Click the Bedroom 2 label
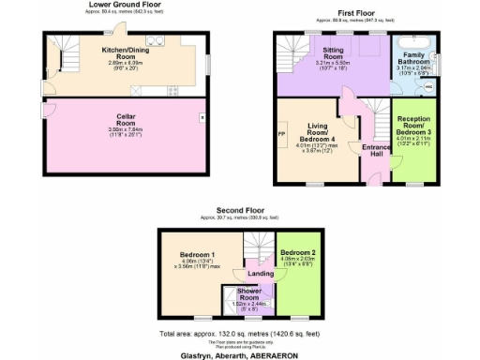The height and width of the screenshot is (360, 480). click(x=298, y=253)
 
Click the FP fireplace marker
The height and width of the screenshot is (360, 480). click(x=281, y=132)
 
